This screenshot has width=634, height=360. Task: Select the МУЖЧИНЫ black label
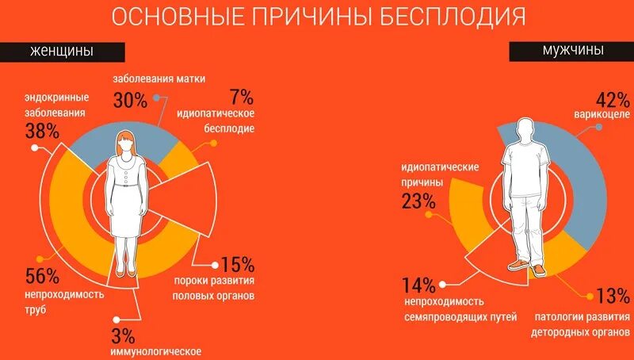click(573, 49)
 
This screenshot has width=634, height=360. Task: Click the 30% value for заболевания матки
click(130, 99)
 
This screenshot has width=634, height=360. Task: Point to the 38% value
click(42, 131)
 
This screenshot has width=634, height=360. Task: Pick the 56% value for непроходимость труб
click(42, 276)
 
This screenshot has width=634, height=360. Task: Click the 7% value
click(241, 98)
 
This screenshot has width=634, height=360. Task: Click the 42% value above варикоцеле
click(611, 100)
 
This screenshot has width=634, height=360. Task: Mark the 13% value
click(612, 297)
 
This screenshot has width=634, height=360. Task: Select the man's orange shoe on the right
click(539, 270)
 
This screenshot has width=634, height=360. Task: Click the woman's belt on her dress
click(126, 186)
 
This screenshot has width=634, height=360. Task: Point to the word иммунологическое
click(156, 350)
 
